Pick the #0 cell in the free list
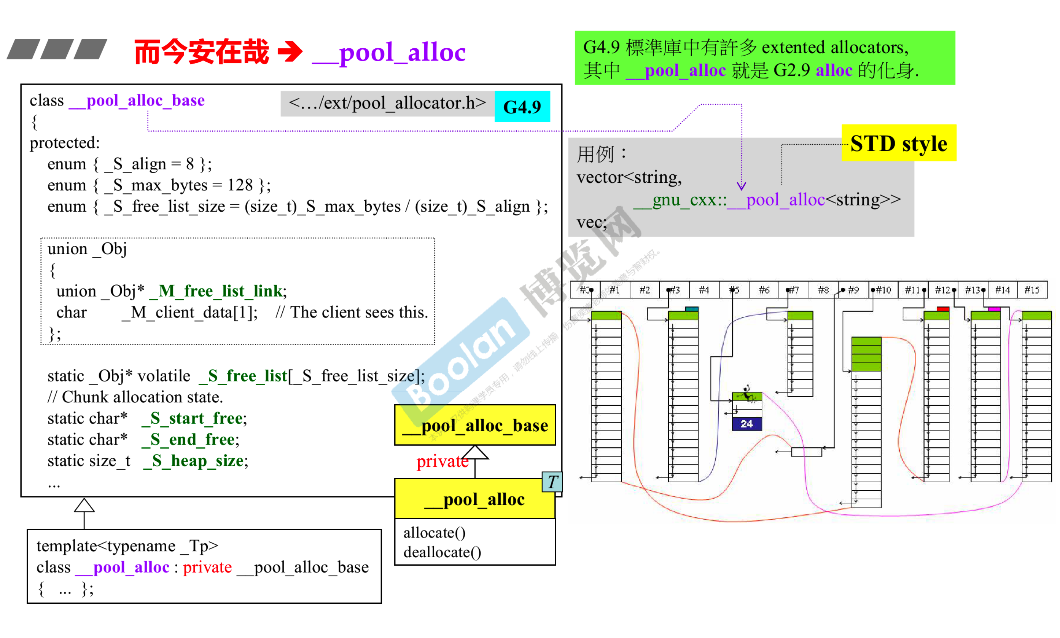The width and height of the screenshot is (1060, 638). tap(585, 290)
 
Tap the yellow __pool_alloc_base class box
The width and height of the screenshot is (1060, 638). tap(474, 425)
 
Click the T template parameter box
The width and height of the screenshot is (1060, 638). tap(552, 482)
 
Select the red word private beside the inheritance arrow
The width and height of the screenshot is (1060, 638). tap(441, 461)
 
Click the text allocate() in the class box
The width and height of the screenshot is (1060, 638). tap(434, 533)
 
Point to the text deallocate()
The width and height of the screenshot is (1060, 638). tap(442, 552)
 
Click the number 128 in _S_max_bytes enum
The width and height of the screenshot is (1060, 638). tap(240, 185)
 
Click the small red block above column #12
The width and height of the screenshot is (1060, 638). tap(942, 309)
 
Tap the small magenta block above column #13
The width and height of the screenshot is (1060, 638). tap(993, 309)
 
